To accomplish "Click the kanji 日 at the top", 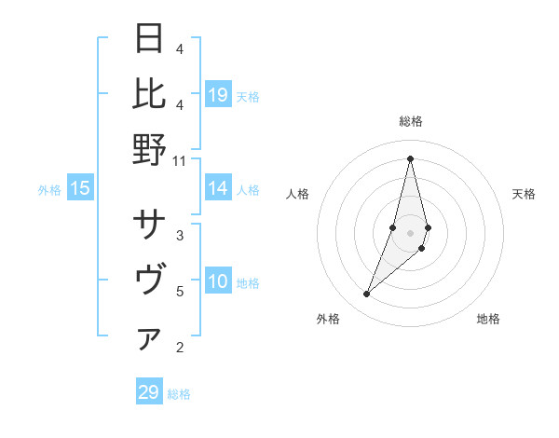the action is (x=150, y=40).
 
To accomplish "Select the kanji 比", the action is (x=150, y=93).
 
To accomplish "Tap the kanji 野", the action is (x=150, y=148).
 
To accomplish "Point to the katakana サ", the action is (x=150, y=225).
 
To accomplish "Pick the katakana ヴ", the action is (x=150, y=280).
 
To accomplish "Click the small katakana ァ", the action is (x=150, y=339).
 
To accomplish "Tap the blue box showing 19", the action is (x=218, y=94).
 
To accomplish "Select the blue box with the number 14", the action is (x=218, y=188).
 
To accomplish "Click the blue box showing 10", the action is (x=218, y=281).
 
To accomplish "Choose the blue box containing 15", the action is (x=80, y=189).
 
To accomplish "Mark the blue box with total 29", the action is (x=149, y=392).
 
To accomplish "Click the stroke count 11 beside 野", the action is (x=181, y=160).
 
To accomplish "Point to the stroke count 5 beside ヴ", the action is (x=180, y=292).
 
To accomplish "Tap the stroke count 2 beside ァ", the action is (x=180, y=349).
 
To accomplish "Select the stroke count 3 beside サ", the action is (x=180, y=235).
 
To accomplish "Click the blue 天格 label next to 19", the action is (x=248, y=96).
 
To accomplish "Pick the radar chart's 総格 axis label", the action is (x=410, y=121).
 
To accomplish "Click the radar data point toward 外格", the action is (x=367, y=294).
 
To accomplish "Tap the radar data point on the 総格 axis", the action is (x=410, y=157).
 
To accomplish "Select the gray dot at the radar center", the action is (x=410, y=233).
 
